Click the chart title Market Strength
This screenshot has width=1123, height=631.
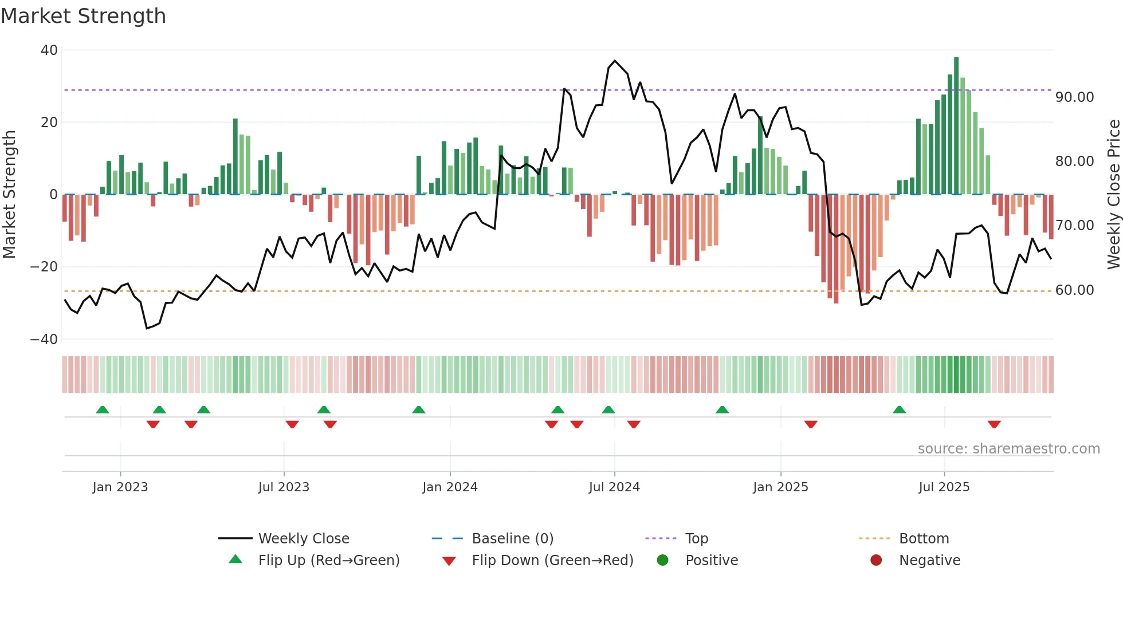[x=83, y=16]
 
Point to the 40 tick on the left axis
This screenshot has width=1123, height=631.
[x=49, y=50]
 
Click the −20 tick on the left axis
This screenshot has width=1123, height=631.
[x=44, y=267]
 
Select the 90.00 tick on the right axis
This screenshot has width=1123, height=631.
[x=1074, y=97]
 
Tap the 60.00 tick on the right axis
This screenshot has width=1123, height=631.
[x=1074, y=290]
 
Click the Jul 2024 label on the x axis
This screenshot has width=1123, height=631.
[x=614, y=487]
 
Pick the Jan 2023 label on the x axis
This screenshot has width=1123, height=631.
[x=120, y=487]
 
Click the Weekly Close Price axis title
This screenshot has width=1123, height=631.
[x=1113, y=195]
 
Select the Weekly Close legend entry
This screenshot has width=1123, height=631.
[x=303, y=539]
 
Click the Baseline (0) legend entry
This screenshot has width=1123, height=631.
[x=512, y=539]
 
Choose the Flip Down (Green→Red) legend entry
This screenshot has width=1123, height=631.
[x=552, y=561]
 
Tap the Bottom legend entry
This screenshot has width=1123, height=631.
[x=924, y=539]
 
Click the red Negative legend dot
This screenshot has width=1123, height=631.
[x=876, y=561]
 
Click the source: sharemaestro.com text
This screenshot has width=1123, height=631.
[x=1008, y=449]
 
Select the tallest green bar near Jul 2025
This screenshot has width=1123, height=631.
[x=956, y=126]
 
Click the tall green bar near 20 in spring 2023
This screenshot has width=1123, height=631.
[x=235, y=156]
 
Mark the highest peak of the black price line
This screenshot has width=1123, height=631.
[x=615, y=61]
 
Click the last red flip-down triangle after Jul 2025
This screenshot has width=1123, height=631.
[x=994, y=424]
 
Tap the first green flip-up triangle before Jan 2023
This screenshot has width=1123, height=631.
[x=103, y=409]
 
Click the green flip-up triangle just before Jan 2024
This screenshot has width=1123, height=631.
[x=419, y=409]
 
